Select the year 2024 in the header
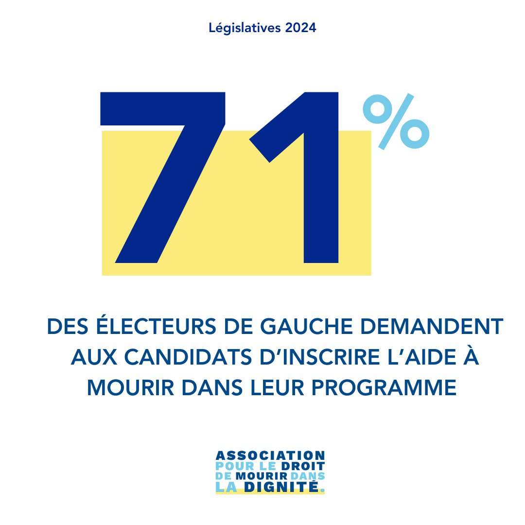(x=301, y=28)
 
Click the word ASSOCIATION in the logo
(x=270, y=455)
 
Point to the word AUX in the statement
(x=90, y=358)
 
